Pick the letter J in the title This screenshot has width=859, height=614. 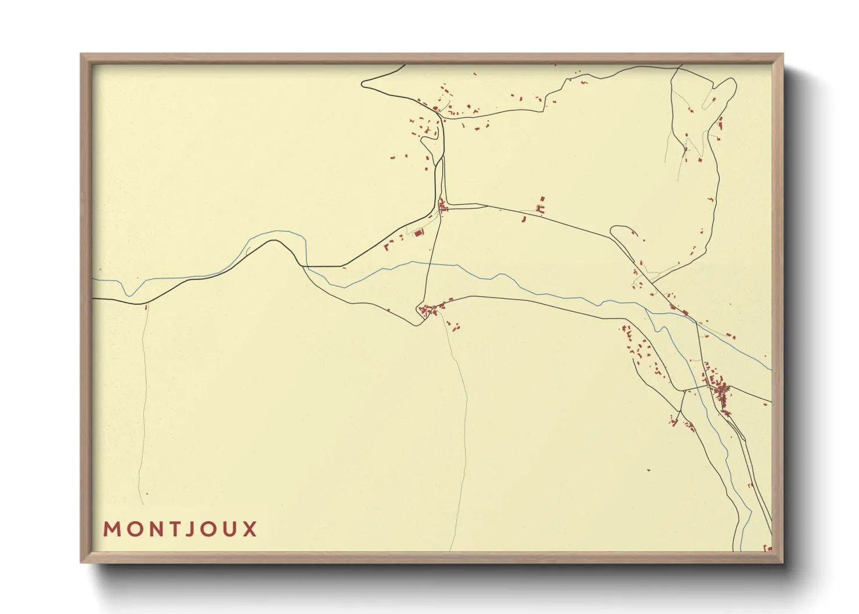click(189, 529)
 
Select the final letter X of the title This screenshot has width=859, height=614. click(250, 529)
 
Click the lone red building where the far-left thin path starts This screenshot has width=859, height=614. click(146, 306)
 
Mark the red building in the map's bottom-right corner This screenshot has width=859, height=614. click(767, 547)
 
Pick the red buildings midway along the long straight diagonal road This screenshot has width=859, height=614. click(542, 206)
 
